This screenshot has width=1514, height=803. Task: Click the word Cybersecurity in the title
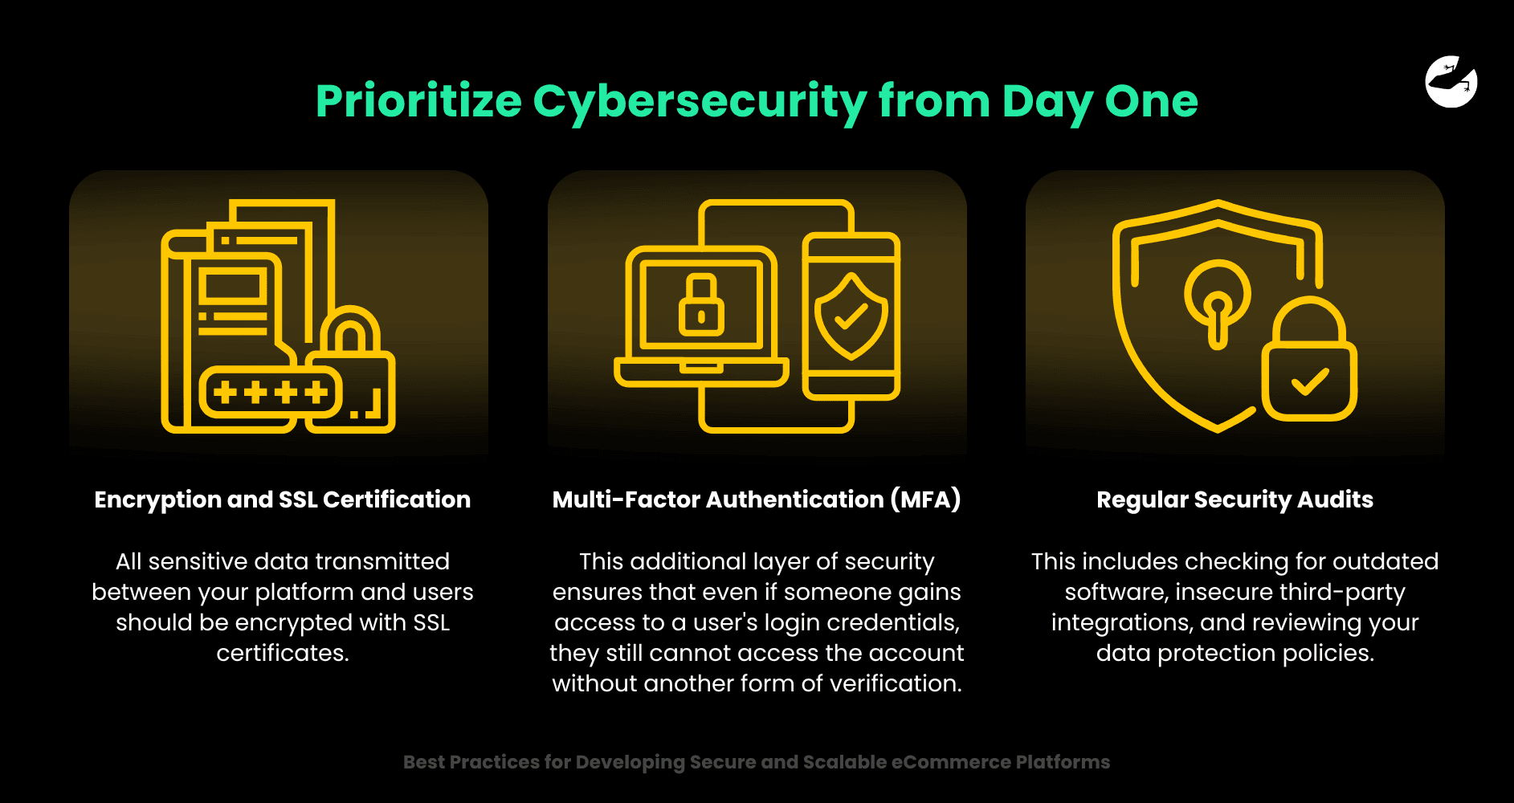tap(700, 102)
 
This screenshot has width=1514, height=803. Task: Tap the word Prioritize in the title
tap(418, 102)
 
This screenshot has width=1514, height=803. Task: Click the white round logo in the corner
tap(1451, 81)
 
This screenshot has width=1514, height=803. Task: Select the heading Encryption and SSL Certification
tap(282, 499)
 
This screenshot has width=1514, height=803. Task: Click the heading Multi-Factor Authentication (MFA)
tap(757, 499)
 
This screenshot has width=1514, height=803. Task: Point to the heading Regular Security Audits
tap(1234, 499)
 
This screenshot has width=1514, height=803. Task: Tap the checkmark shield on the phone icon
tap(851, 316)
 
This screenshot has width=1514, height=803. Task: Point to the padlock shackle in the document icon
tap(351, 329)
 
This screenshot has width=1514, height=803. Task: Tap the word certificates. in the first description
tap(283, 653)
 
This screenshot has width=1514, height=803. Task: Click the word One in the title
tap(1151, 102)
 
